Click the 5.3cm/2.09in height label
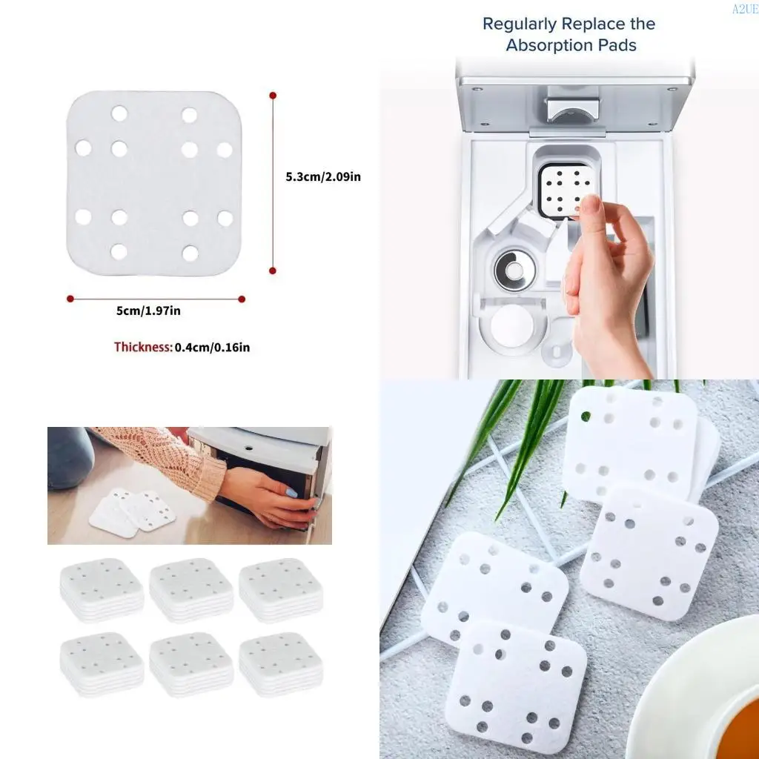(323, 176)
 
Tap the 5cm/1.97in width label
(148, 311)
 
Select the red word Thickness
(143, 347)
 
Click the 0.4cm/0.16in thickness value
(212, 347)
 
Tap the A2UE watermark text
(744, 9)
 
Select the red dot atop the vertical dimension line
(273, 96)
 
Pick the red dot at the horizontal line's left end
(70, 299)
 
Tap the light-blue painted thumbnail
(292, 492)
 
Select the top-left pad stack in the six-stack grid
(102, 589)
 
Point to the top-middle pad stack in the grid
(191, 589)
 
